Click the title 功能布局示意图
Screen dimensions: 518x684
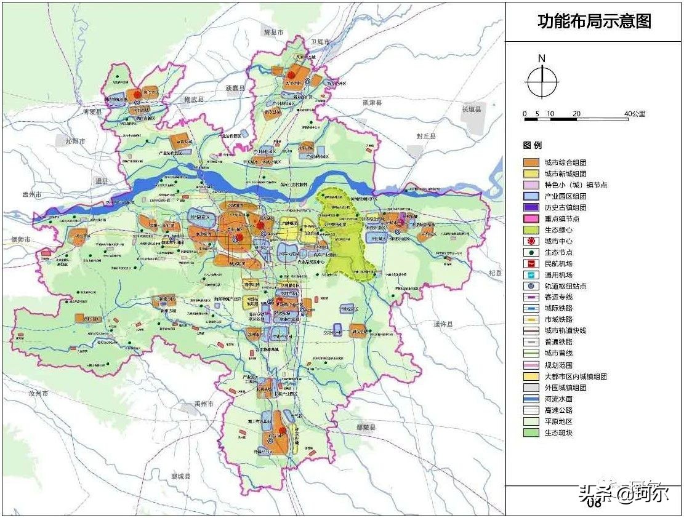click(594, 22)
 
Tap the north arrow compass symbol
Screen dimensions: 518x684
click(542, 81)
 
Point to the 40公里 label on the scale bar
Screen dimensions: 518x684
click(634, 114)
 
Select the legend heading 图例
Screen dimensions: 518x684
click(533, 146)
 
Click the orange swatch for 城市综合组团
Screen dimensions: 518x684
click(531, 163)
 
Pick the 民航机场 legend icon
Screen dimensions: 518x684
click(531, 263)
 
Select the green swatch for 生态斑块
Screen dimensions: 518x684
click(531, 432)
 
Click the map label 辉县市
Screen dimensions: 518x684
click(273, 32)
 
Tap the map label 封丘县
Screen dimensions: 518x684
click(425, 136)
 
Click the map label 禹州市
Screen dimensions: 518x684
click(203, 404)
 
